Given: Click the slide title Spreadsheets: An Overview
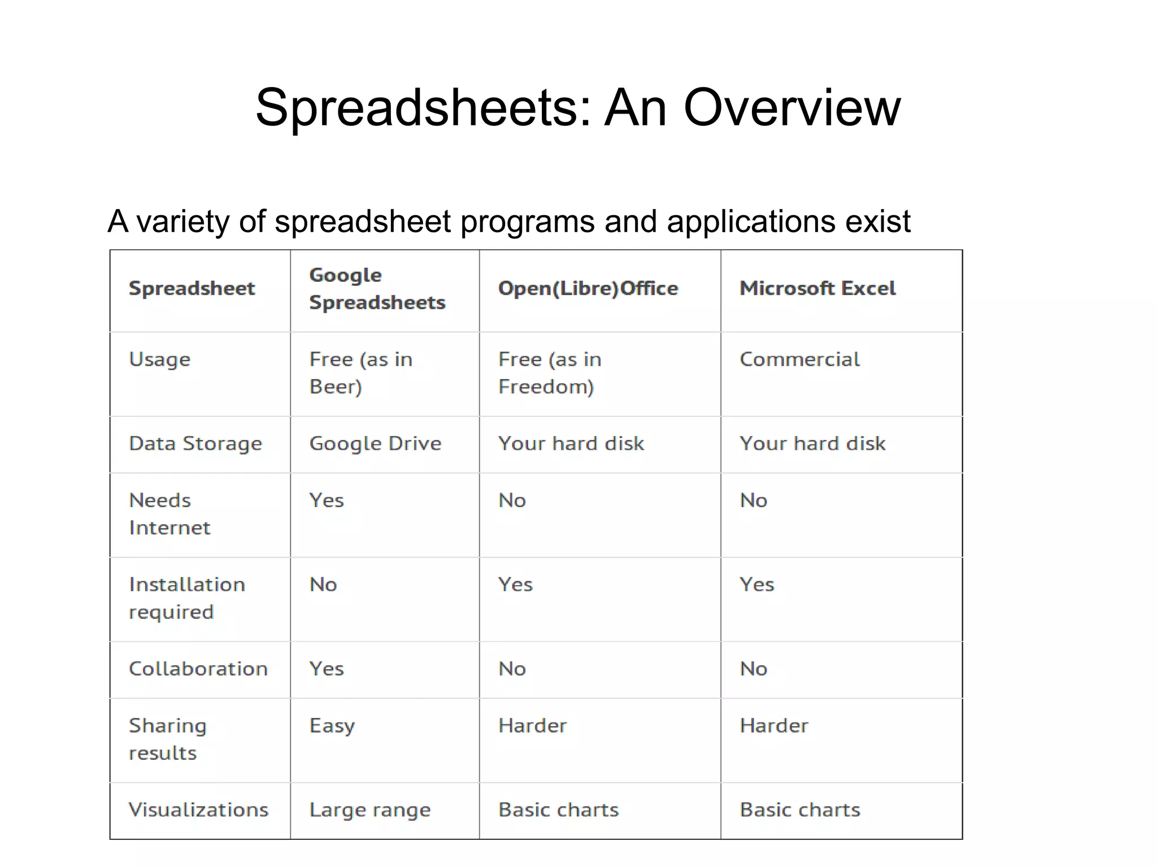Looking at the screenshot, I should point(578,107).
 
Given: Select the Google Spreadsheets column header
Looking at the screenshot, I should point(377,289).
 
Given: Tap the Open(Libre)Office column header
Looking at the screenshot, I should point(588,289).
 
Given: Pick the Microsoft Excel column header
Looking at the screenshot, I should point(817,289).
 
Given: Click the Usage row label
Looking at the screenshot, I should point(160,360).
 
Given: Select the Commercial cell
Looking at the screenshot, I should point(799,359).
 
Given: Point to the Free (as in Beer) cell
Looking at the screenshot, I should point(360,373).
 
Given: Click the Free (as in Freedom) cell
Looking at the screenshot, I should point(550,373).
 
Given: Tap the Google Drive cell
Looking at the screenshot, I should point(375,444).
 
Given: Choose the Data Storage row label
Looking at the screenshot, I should point(195,444).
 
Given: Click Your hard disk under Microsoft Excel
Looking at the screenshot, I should point(812,444).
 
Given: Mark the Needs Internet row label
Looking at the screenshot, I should point(169,514).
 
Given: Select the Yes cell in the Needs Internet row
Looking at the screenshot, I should point(327,500).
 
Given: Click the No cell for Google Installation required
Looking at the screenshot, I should point(323,585).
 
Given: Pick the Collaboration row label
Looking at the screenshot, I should point(198,669).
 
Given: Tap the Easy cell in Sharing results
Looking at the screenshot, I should point(332,726).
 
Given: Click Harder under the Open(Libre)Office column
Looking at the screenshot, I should point(532,726).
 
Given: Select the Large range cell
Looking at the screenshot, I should point(370,811).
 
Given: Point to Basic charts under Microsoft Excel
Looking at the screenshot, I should point(800,810).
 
